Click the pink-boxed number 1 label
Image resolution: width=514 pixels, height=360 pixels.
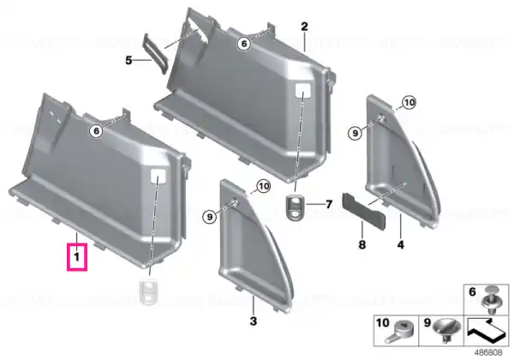point(77,257)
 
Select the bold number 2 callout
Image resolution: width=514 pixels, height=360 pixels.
point(304,27)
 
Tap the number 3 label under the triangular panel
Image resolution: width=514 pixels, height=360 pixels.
point(254,321)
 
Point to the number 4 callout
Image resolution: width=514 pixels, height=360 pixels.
point(401,244)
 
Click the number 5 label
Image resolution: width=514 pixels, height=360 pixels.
point(128,60)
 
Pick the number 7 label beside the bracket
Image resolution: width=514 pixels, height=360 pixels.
point(328,204)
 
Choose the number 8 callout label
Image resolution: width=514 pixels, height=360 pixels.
point(362,244)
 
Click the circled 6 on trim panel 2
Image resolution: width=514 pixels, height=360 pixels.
point(244,43)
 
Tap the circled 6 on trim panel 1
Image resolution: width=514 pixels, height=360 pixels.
point(96,131)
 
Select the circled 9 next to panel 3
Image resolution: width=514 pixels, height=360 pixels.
point(210,216)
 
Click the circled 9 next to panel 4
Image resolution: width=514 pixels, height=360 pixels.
point(356,133)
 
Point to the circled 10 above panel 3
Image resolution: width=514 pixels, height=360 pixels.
point(264,187)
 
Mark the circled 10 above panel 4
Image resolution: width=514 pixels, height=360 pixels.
point(409,103)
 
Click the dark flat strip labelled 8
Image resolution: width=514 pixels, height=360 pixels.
point(364,210)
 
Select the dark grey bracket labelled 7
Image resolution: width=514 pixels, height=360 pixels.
point(295,208)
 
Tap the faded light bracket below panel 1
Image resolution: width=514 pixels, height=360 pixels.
point(149,291)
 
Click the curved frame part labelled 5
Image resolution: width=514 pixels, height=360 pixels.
point(156,53)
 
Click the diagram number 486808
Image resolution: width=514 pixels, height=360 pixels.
point(488,353)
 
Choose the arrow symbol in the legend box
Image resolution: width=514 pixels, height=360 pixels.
point(487,331)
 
